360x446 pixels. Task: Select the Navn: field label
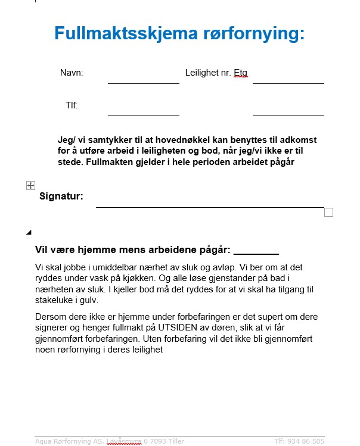coord(72,73)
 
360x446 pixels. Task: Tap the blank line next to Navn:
coord(143,83)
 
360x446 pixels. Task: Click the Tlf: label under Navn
coord(72,105)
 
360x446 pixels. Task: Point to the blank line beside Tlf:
coord(143,115)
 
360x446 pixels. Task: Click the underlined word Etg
coord(240,73)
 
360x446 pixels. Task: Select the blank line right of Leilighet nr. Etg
coord(288,83)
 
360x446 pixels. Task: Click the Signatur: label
coord(61,196)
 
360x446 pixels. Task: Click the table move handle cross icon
coord(31,186)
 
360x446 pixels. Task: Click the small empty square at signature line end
coord(328,213)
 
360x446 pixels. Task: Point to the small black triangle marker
coord(29,232)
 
